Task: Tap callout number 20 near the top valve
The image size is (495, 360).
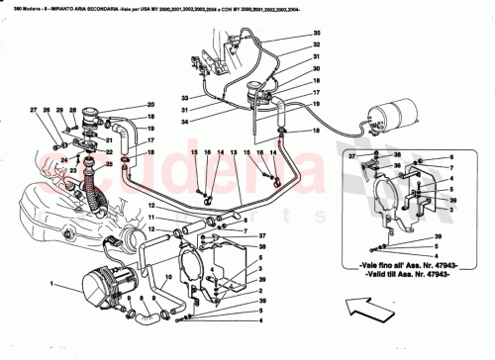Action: [x=151, y=105]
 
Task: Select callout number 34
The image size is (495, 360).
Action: [x=184, y=122]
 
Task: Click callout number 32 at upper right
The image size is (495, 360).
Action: [x=317, y=45]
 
